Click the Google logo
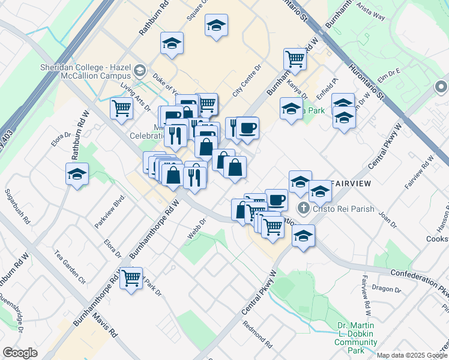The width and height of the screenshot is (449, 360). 20,353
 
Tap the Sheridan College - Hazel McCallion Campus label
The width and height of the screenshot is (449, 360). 85,71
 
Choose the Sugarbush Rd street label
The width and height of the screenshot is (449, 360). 17,206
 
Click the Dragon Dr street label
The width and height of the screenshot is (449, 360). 382,287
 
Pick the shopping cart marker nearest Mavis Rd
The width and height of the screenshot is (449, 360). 131,278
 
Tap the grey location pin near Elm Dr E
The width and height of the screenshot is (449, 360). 440,88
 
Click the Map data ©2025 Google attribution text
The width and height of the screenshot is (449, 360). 412,355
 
